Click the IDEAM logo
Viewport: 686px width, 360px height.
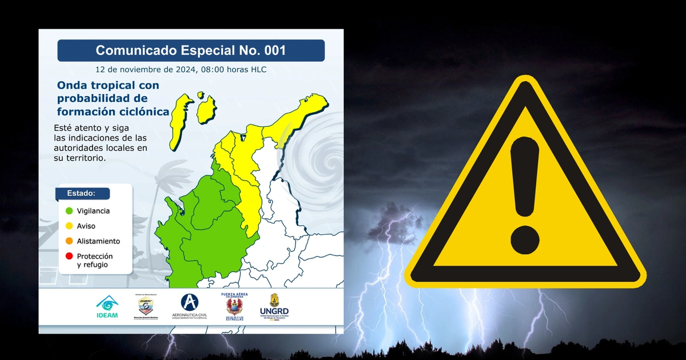point(107,307)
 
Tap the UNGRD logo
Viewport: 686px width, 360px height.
point(274,307)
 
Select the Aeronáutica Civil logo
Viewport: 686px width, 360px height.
point(189,306)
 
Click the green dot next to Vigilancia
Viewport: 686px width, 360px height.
point(69,211)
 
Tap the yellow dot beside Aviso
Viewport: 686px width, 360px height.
point(69,226)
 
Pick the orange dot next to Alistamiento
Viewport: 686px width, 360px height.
point(69,242)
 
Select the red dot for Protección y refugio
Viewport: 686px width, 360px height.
point(69,257)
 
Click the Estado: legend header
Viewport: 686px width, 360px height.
point(82,193)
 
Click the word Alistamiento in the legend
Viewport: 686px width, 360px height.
point(98,242)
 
